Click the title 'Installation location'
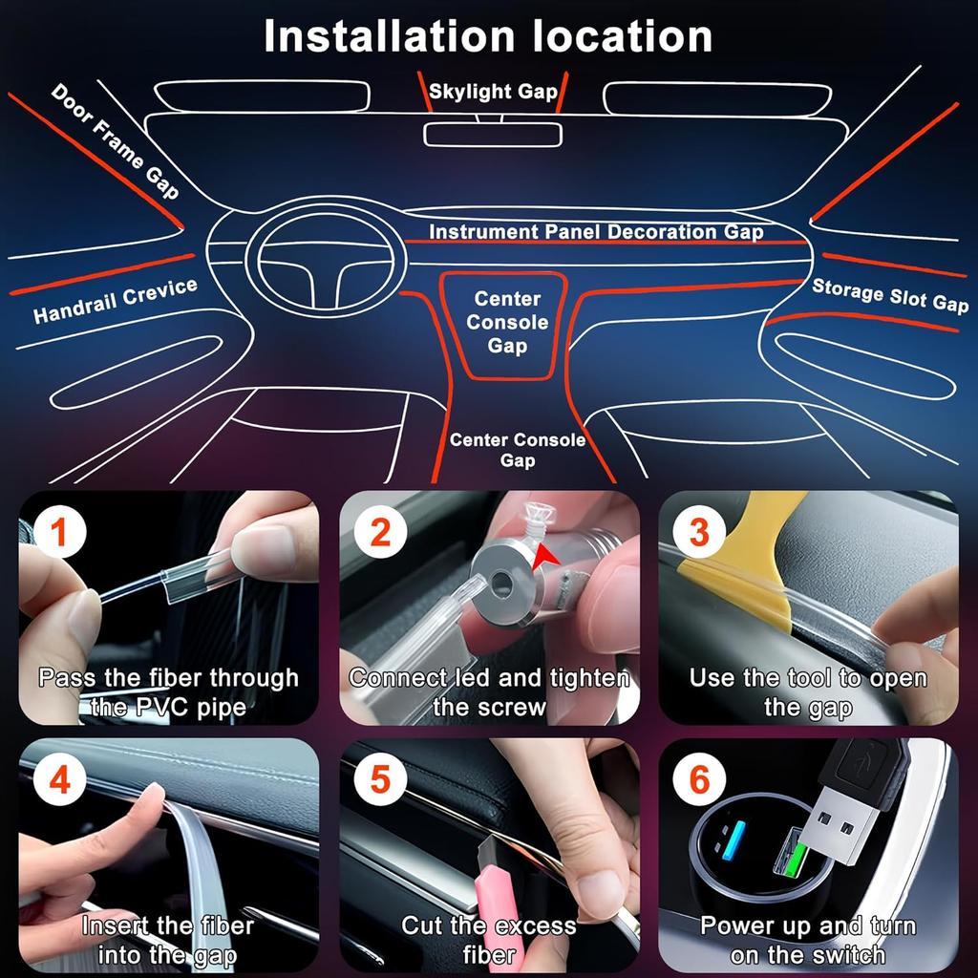pos(488,36)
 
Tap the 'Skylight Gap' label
pos(493,92)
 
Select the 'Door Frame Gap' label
pos(115,140)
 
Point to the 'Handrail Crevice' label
pos(115,300)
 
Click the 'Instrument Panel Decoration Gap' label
pos(596,232)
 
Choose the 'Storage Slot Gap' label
pos(889,294)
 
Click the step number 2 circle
pos(380,533)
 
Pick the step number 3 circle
pos(699,533)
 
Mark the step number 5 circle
pos(380,780)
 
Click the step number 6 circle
pos(699,780)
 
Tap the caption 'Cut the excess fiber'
pos(488,940)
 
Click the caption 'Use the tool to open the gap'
pos(808,692)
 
